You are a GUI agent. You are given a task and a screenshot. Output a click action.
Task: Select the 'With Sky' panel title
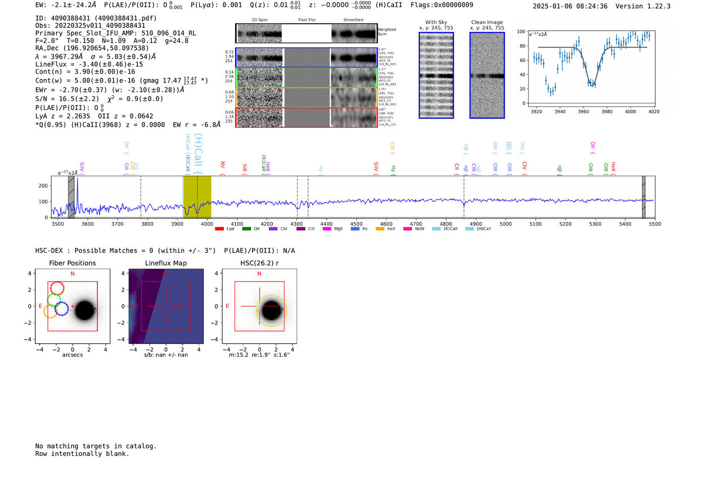(436, 22)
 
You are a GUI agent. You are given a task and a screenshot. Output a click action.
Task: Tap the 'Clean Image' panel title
(487, 22)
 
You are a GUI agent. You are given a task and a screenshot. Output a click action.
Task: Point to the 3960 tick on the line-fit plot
(583, 112)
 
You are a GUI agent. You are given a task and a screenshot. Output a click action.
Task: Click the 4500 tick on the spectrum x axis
(357, 224)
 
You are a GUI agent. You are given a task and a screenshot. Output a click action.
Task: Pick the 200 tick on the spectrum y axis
(43, 186)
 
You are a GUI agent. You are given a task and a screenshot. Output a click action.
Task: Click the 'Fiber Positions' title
(72, 263)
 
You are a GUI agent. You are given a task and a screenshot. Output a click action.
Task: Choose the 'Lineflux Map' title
(165, 263)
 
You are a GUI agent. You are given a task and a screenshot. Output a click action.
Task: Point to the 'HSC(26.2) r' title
(259, 263)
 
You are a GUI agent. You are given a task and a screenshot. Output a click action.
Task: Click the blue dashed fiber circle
(62, 308)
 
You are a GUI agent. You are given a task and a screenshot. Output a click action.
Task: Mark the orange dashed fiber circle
(49, 311)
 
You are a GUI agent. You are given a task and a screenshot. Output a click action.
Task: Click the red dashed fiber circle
(57, 288)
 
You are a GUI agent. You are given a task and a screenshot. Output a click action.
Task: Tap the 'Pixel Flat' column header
(307, 20)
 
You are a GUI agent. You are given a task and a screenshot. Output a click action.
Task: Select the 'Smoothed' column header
(353, 20)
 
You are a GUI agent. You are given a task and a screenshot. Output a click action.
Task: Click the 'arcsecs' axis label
(72, 355)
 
